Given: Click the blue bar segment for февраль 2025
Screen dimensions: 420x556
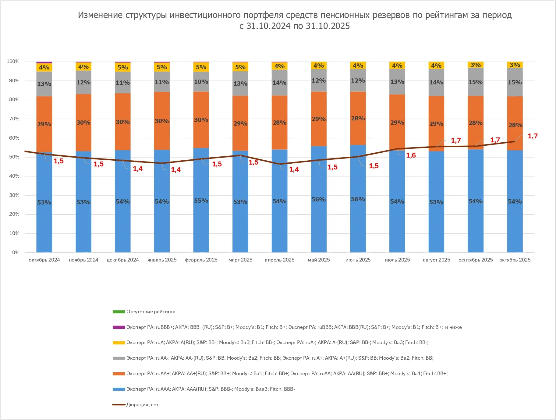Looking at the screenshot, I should pyautogui.click(x=201, y=213).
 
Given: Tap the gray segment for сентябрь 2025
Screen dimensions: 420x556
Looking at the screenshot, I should pyautogui.click(x=476, y=88).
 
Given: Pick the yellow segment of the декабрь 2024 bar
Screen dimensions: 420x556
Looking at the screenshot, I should pyautogui.click(x=123, y=67).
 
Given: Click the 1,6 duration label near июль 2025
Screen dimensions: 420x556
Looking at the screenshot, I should pyautogui.click(x=411, y=155).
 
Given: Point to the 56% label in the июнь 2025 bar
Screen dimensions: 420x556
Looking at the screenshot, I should pyautogui.click(x=358, y=199).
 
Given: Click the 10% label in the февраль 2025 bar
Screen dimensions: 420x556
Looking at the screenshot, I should pyautogui.click(x=201, y=82).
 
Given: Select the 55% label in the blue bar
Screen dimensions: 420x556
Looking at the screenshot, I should pyautogui.click(x=201, y=201).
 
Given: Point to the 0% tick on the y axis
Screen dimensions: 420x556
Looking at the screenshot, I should pyautogui.click(x=16, y=252).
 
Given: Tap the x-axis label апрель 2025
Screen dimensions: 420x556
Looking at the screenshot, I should pyautogui.click(x=279, y=260).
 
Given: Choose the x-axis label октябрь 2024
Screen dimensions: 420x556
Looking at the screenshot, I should pyautogui.click(x=44, y=260).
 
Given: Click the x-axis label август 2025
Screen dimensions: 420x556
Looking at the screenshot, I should pyautogui.click(x=436, y=260).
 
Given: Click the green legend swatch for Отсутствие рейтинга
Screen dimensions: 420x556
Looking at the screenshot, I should pyautogui.click(x=119, y=312).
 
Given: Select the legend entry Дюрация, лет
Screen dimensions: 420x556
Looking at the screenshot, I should pyautogui.click(x=142, y=405).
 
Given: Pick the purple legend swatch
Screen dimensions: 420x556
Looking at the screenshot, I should pyautogui.click(x=119, y=327).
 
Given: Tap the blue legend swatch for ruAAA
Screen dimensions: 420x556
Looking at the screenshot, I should pyautogui.click(x=119, y=389).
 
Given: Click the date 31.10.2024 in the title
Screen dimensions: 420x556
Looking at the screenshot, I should pyautogui.click(x=268, y=26).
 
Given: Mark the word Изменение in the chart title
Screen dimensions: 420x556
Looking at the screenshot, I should pyautogui.click(x=100, y=15).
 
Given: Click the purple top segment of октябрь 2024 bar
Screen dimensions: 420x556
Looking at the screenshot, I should pyautogui.click(x=44, y=62).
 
